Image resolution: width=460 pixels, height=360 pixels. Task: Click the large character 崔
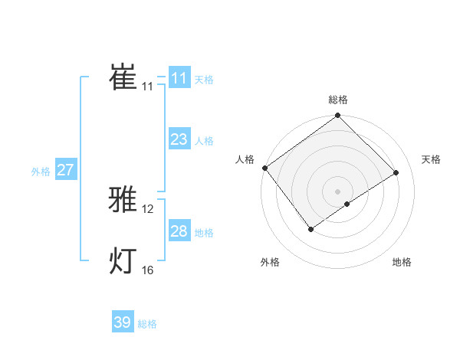(x=123, y=77)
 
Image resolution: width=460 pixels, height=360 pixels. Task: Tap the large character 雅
(x=123, y=201)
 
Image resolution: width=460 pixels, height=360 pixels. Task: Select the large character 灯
(x=123, y=261)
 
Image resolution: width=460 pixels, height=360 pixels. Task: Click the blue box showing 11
(x=179, y=78)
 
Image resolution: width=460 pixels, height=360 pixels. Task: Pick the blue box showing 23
(x=179, y=139)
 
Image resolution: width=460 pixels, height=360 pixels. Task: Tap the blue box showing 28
(x=179, y=231)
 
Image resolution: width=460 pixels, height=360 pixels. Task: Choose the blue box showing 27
(x=65, y=170)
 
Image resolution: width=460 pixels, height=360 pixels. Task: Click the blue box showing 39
(x=122, y=322)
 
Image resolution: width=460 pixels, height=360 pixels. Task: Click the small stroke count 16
(x=148, y=270)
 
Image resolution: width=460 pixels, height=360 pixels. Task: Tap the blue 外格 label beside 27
(x=41, y=172)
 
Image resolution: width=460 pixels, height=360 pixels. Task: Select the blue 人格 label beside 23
(x=204, y=141)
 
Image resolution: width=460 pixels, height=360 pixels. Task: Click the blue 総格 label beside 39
(x=147, y=324)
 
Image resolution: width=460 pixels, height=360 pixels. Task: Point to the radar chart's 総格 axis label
(x=338, y=100)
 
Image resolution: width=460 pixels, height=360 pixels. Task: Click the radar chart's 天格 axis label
(x=431, y=159)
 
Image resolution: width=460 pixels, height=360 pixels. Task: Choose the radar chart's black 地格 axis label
(x=402, y=262)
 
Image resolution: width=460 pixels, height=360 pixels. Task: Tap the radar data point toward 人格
(x=264, y=168)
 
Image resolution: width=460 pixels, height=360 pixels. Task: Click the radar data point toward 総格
(x=338, y=116)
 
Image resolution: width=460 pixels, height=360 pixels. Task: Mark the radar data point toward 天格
(x=396, y=172)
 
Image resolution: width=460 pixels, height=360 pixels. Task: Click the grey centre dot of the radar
(x=338, y=191)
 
